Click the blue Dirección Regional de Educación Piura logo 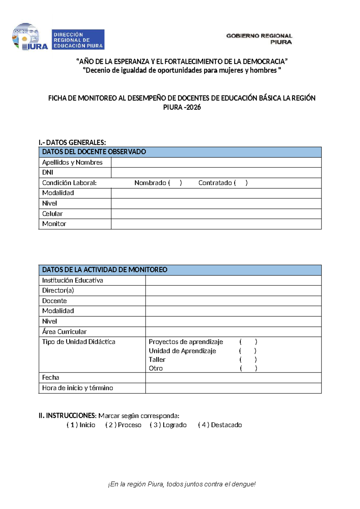pyautogui.click(x=78, y=39)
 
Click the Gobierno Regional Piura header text pyautogui.click(x=259, y=39)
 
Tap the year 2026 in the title pyautogui.click(x=193, y=107)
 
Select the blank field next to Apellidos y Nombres pyautogui.click(x=216, y=162)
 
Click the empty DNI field pyautogui.click(x=216, y=173)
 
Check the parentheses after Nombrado pyautogui.click(x=175, y=183)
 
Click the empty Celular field pyautogui.click(x=216, y=214)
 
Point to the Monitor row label pyautogui.click(x=54, y=224)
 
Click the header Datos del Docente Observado pyautogui.click(x=94, y=152)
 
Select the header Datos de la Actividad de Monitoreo pyautogui.click(x=105, y=270)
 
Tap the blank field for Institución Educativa pyautogui.click(x=233, y=280)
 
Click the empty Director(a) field pyautogui.click(x=233, y=291)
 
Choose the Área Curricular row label pyautogui.click(x=64, y=332)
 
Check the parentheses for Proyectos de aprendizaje pyautogui.click(x=248, y=342)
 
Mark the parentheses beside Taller pyautogui.click(x=248, y=360)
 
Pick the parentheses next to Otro pyautogui.click(x=248, y=368)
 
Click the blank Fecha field pyautogui.click(x=233, y=378)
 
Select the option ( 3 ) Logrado pyautogui.click(x=168, y=425)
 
